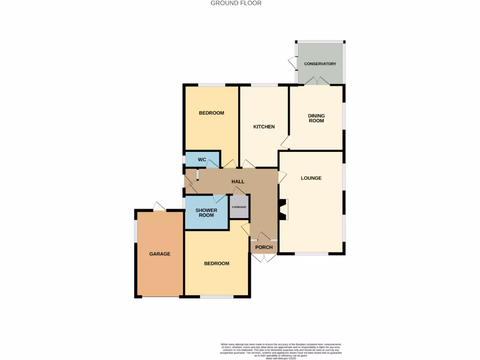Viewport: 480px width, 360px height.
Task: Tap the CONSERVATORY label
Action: tap(320, 64)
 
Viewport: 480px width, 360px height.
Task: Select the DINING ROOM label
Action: tap(316, 118)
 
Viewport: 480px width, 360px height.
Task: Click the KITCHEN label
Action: tap(264, 127)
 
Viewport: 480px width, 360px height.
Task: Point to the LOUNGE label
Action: tap(311, 178)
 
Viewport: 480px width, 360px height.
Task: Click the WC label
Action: tap(202, 160)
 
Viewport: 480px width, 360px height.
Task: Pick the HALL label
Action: tap(238, 181)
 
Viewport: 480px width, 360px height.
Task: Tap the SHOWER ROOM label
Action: tap(206, 212)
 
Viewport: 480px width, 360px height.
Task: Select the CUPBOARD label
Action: tap(239, 207)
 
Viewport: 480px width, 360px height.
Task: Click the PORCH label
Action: tap(264, 247)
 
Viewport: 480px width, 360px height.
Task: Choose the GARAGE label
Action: tap(160, 254)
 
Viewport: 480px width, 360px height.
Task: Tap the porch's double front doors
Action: tap(264, 257)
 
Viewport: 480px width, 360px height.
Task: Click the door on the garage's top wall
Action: tap(159, 206)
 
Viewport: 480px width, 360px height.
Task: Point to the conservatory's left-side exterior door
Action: tap(292, 62)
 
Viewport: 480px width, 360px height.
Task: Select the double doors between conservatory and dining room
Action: tap(317, 81)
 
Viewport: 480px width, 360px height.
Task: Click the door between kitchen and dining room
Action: tap(285, 142)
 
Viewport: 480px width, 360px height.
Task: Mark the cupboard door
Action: tap(239, 190)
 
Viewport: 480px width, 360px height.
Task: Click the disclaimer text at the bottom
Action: tap(281, 350)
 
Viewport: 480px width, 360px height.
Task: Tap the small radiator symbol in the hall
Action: tap(198, 175)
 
